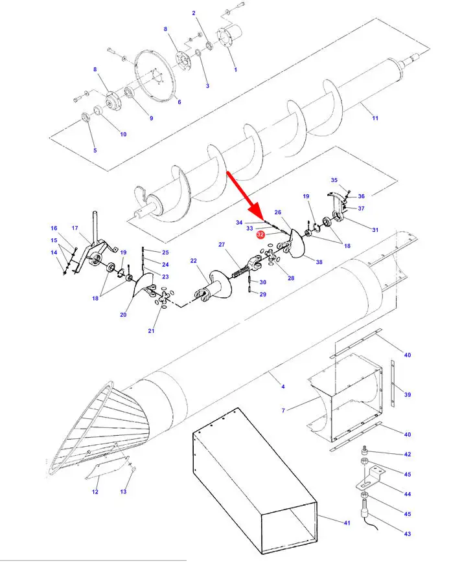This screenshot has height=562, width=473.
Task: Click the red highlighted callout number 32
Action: pyautogui.click(x=260, y=235)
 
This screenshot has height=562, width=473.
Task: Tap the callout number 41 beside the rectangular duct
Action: pyautogui.click(x=347, y=523)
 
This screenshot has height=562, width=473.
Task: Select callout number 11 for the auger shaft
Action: pyautogui.click(x=375, y=118)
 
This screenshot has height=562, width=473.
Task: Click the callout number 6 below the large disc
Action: pyautogui.click(x=179, y=102)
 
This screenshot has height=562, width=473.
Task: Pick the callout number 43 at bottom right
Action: pyautogui.click(x=408, y=534)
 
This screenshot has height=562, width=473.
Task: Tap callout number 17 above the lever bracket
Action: pyautogui.click(x=75, y=228)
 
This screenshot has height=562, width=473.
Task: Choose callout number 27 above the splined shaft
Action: pyautogui.click(x=222, y=245)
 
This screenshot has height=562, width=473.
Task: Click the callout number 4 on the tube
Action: pyautogui.click(x=283, y=387)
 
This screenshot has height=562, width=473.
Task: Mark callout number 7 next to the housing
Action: pyautogui.click(x=283, y=410)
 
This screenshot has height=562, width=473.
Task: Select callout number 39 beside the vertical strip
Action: pyautogui.click(x=408, y=394)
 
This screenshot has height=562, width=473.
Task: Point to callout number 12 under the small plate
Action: pyautogui.click(x=95, y=492)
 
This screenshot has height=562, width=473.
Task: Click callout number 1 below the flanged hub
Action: pyautogui.click(x=236, y=69)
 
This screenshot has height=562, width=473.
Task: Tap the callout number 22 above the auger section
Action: pyautogui.click(x=194, y=260)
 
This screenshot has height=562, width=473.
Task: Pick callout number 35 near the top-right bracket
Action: pyautogui.click(x=334, y=180)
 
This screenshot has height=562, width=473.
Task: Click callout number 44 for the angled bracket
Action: pyautogui.click(x=408, y=494)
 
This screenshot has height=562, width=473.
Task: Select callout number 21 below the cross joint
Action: pyautogui.click(x=152, y=330)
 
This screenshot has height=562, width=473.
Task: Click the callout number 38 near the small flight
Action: pyautogui.click(x=319, y=262)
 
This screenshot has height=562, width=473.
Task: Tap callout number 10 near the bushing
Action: pyautogui.click(x=123, y=134)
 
